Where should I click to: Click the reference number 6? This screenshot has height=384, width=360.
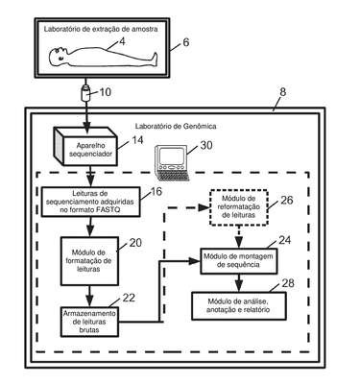[185, 42]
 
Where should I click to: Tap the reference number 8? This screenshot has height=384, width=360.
[282, 92]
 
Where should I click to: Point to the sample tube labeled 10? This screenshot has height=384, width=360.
[85, 93]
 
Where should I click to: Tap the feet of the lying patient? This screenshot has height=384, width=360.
[154, 59]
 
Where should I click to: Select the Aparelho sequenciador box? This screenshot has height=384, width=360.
[85, 146]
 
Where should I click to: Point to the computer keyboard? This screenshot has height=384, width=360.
[173, 175]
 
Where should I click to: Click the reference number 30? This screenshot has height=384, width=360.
[206, 145]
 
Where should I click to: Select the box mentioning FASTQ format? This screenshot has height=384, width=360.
[91, 202]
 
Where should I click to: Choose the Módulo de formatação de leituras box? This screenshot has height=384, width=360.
[89, 261]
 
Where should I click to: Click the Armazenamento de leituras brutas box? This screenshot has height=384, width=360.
[89, 322]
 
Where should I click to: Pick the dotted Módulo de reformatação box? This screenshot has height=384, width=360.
[239, 207]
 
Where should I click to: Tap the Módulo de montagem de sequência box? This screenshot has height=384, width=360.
[239, 260]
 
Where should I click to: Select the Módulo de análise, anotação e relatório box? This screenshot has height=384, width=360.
[239, 305]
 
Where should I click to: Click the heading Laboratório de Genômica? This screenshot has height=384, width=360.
[176, 126]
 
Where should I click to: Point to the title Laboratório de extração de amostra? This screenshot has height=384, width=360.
[101, 29]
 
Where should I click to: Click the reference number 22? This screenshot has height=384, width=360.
[129, 298]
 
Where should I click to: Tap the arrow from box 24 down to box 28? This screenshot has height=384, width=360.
[239, 282]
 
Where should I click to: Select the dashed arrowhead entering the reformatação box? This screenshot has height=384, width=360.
[204, 207]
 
